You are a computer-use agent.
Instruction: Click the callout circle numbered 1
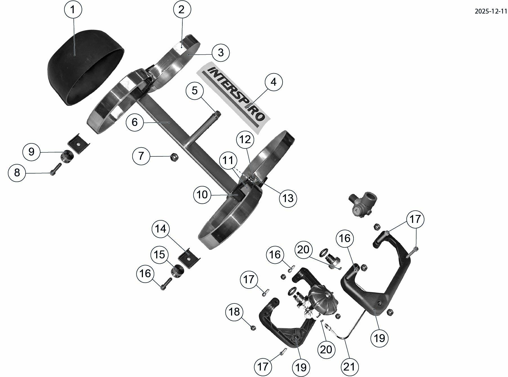click(x=73, y=10)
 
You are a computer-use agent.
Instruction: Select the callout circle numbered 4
click(x=273, y=82)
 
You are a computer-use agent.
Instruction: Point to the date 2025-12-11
click(x=491, y=11)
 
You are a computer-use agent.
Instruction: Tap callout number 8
click(x=17, y=172)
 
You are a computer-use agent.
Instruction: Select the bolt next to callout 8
click(x=55, y=169)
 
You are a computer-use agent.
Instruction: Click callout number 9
click(x=32, y=152)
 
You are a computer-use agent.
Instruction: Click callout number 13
click(x=288, y=198)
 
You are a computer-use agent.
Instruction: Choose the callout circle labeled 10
click(x=202, y=194)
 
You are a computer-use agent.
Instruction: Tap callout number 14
click(x=161, y=229)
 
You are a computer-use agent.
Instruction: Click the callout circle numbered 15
click(x=159, y=255)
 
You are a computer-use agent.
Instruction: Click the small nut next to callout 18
click(x=253, y=327)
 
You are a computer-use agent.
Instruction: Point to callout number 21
click(x=349, y=367)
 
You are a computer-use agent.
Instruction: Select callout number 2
click(x=182, y=10)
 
